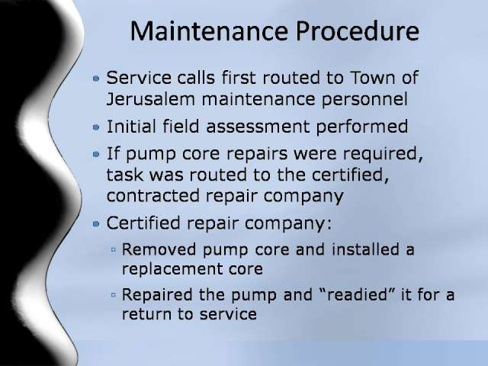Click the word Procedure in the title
(358, 31)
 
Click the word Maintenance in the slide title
(208, 30)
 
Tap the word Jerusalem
(151, 99)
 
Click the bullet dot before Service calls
(96, 79)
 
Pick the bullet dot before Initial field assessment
(96, 127)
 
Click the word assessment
(258, 127)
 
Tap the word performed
(362, 127)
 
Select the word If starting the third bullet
(113, 153)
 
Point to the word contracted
(152, 196)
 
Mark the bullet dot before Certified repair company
(96, 223)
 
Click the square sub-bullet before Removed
(114, 249)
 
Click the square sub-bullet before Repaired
(114, 294)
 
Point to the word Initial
(131, 127)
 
